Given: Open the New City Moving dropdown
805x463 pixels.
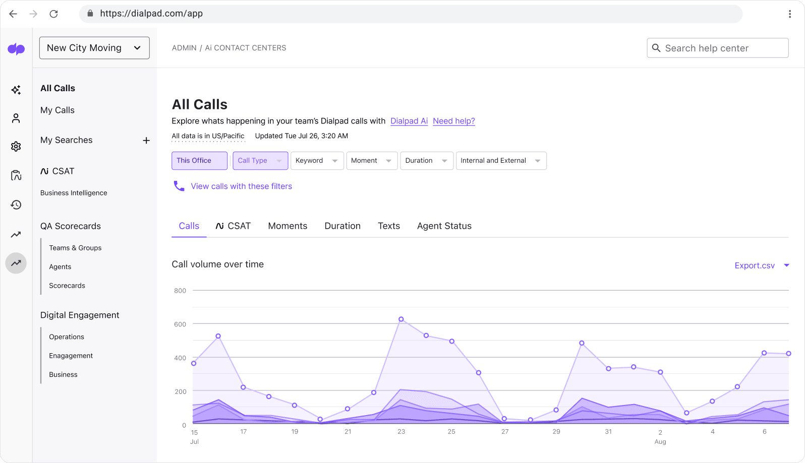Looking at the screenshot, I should coord(94,48).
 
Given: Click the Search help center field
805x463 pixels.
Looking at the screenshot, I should coord(721,48).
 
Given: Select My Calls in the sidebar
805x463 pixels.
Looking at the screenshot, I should coord(57,110).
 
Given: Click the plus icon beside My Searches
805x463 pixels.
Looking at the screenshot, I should coord(146,141).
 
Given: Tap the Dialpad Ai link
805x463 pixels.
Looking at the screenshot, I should coord(409,121).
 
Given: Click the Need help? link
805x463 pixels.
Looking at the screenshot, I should coord(454,121).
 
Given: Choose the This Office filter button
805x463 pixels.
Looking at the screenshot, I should coord(199,161).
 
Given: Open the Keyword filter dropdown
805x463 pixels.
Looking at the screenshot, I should coord(317,161).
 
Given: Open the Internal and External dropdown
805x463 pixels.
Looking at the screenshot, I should coord(501,161).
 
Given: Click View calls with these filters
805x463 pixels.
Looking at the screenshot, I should coord(241,186).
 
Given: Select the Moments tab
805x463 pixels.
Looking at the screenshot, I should coord(287,226).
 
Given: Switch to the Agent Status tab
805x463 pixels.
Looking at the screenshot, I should coord(444,226).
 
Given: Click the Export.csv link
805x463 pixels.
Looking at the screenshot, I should coord(755,266).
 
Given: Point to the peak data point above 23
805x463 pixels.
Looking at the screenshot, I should coord(401,319).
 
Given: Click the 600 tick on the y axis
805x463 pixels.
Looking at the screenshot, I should coord(180,324).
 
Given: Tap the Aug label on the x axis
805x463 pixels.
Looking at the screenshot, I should coord(660,442).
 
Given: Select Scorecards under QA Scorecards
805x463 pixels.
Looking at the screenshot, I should coord(67,286).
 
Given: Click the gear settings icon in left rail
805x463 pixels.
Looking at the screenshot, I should coord(16,147).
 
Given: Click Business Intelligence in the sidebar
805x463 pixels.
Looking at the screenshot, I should coord(74,193).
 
